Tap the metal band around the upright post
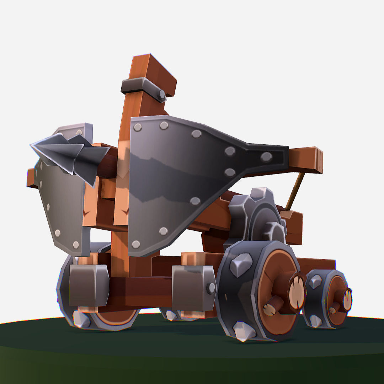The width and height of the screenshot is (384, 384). coord(142,87)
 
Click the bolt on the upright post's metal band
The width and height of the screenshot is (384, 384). coord(162,95)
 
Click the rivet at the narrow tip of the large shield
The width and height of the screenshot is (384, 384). coord(266,156)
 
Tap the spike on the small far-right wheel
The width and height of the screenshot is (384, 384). coord(315,281)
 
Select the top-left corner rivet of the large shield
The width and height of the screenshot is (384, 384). coord(137,127)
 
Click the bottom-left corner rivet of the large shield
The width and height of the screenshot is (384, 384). coord(135,244)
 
